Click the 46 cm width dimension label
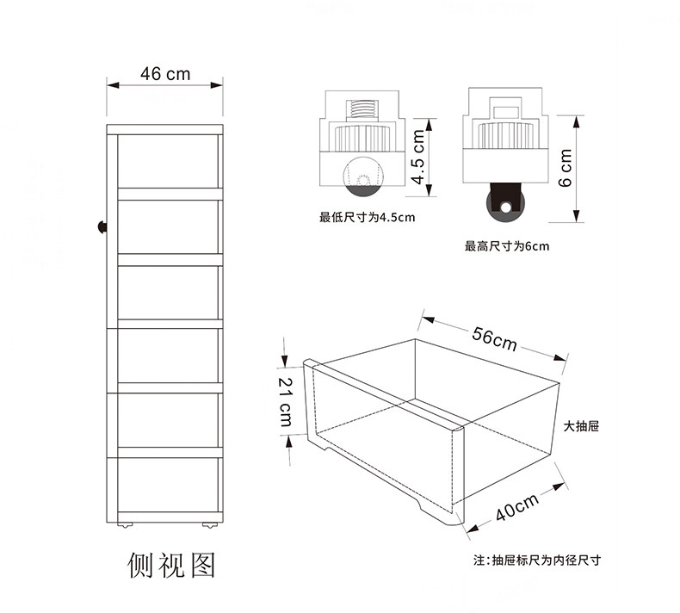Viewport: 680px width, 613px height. [166, 74]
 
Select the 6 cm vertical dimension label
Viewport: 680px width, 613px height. [566, 168]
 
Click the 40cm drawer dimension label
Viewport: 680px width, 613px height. [516, 507]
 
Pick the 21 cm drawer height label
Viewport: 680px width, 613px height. [285, 401]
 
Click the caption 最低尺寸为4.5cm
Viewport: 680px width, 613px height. [367, 217]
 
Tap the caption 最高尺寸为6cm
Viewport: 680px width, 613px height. [507, 246]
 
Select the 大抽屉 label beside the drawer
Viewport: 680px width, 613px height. [581, 426]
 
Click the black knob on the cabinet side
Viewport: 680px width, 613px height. [102, 226]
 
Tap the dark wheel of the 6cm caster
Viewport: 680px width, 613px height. [504, 204]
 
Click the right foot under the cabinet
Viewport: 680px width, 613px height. [209, 523]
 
